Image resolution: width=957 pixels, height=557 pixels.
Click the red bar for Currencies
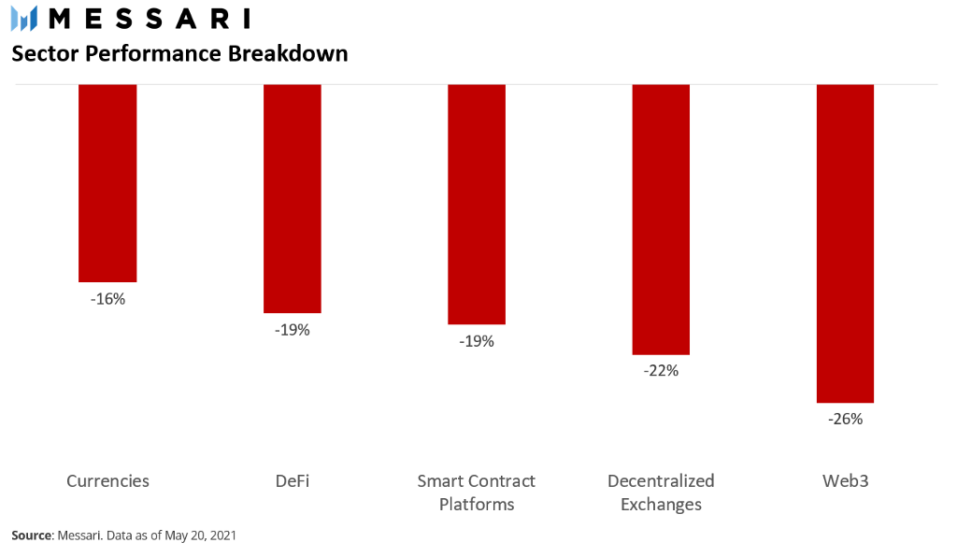coord(107,183)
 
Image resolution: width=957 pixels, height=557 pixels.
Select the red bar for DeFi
coord(293,199)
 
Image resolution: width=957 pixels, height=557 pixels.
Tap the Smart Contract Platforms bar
coord(477,205)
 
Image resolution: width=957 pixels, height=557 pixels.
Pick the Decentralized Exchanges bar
coord(661,220)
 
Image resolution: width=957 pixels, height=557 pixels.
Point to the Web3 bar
coord(845,243)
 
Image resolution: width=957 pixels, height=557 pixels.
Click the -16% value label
coord(108,299)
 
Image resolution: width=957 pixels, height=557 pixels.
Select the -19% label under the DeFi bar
coord(293,330)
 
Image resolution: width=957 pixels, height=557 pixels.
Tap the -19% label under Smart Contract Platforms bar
coord(477,341)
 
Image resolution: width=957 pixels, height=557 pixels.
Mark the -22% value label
coord(661,371)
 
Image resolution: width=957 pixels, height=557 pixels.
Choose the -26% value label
coord(845,419)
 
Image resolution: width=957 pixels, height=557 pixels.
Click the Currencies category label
coord(108,480)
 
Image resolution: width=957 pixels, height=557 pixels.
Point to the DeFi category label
coord(293,480)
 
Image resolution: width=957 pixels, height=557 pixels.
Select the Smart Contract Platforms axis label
coord(477,493)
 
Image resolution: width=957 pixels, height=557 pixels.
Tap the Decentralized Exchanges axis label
coord(661,493)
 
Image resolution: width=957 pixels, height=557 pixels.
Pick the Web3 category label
coord(845,480)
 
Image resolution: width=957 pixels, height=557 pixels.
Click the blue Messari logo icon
coord(24,19)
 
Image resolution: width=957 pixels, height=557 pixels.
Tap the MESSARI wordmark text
coord(150,19)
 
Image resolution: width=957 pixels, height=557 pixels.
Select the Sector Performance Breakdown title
coord(180,53)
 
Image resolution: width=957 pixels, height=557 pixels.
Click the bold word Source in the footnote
coord(32,535)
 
